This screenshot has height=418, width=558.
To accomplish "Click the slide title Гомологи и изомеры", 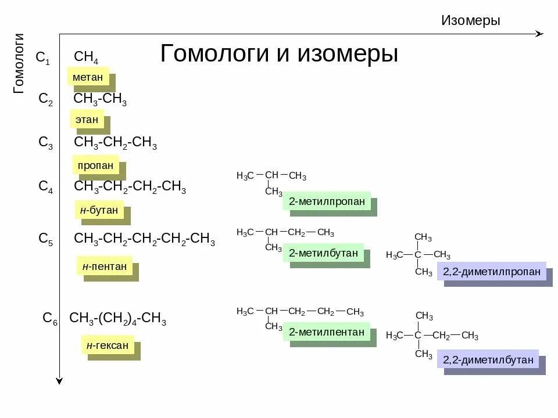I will coord(279,54).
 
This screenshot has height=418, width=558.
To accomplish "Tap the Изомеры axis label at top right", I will coord(470,21).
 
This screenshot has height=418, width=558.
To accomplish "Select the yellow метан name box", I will coord(88,77).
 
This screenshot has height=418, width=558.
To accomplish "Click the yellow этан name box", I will coord(87,120).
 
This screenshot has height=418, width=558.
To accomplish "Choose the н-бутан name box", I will coord(99,210).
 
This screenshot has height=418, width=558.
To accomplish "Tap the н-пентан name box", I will coord(104,266).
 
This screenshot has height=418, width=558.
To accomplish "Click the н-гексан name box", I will coord(108,345).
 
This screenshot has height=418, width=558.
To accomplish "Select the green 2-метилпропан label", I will coord(327,201).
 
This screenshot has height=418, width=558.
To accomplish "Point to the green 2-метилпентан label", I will coord(327,332).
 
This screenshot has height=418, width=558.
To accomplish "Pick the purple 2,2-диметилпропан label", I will coord(491,271).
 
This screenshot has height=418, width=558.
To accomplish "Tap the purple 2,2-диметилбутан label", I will coord(488,359).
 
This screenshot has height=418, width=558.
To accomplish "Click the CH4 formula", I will coord(86,57).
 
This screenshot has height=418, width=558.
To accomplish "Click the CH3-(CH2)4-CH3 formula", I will coord(117,319).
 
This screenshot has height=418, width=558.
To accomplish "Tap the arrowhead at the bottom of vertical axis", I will coord(59,380).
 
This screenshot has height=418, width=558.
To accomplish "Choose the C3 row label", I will coord(45,143).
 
